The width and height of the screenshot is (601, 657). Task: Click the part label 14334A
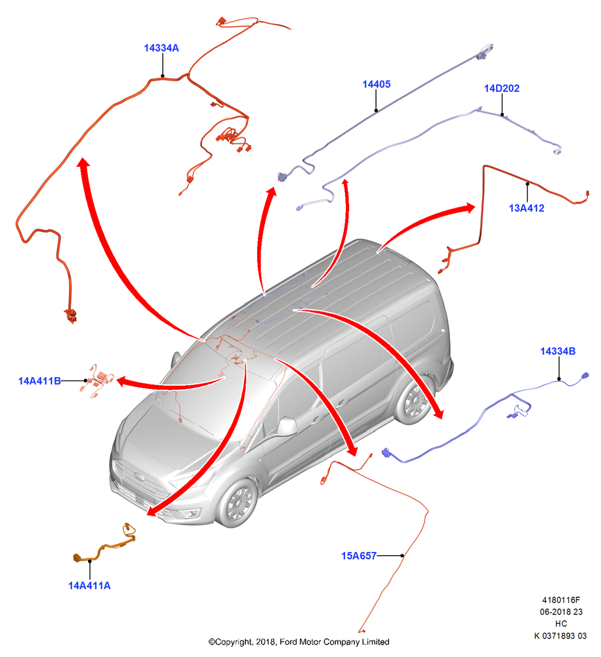tap(161, 48)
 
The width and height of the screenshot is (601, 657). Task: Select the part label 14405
tap(376, 84)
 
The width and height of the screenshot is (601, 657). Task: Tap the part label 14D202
tap(501, 89)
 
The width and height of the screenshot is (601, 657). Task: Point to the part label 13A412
tap(526, 208)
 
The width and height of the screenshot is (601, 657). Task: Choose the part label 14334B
tap(558, 351)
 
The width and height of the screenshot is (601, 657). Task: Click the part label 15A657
tap(359, 556)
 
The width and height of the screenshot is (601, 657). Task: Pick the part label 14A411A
tap(89, 585)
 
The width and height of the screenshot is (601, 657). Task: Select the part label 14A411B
tap(39, 381)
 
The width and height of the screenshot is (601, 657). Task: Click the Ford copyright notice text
tap(299, 641)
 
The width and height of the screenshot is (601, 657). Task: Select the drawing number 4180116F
tap(561, 600)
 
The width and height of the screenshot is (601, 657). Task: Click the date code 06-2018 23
tap(561, 612)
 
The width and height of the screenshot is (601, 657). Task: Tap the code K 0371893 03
tap(560, 635)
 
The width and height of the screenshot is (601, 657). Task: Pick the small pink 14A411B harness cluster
tap(98, 381)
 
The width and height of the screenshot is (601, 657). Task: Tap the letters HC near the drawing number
tap(561, 623)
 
